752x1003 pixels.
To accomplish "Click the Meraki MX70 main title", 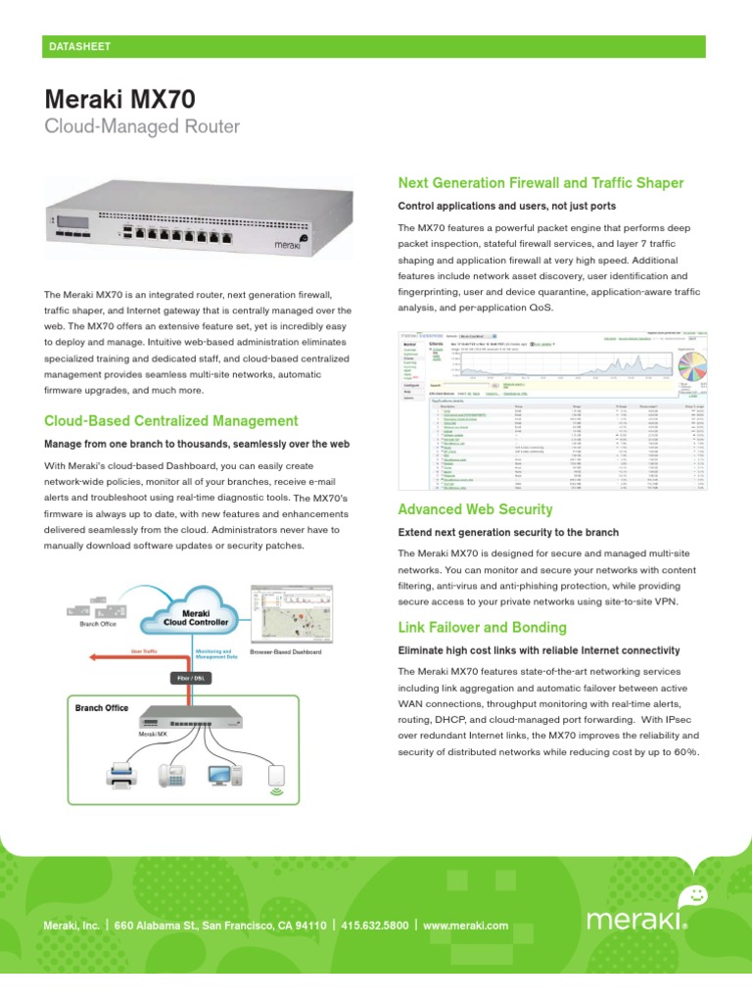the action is coord(120,99).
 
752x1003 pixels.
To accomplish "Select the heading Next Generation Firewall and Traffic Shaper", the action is coord(540,183).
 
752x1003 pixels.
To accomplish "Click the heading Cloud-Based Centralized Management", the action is coord(171,421).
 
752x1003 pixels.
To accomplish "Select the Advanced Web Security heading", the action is coord(475,509).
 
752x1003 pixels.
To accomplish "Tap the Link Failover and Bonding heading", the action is coord(482,627).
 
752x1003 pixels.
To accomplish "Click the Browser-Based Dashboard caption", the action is coord(287,651).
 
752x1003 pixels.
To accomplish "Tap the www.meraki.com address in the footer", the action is coord(466,925).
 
